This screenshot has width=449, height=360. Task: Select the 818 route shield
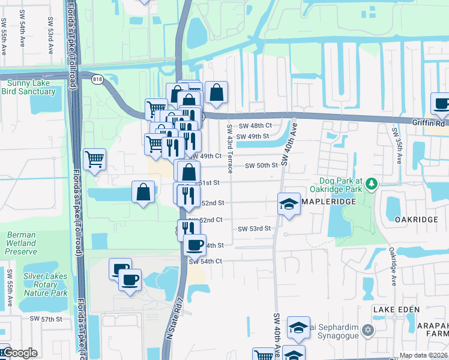pyautogui.click(x=96, y=78)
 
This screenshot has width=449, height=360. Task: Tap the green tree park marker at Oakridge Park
pyautogui.click(x=372, y=182)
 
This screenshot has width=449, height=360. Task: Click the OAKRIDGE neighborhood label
pyautogui.click(x=417, y=220)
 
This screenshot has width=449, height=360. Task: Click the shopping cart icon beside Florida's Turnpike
pyautogui.click(x=95, y=159)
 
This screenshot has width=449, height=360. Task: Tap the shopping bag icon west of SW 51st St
pyautogui.click(x=143, y=192)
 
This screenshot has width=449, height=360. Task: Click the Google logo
pyautogui.click(x=19, y=353)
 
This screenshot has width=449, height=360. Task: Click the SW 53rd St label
pyautogui.click(x=255, y=229)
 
